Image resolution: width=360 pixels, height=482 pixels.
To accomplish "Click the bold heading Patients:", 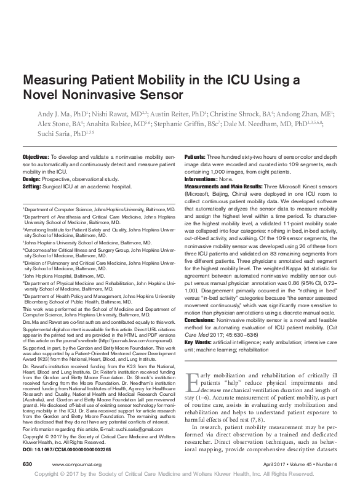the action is pyautogui.click(x=198, y=158).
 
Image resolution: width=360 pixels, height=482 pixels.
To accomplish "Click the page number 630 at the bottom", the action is pyautogui.click(x=28, y=462).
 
